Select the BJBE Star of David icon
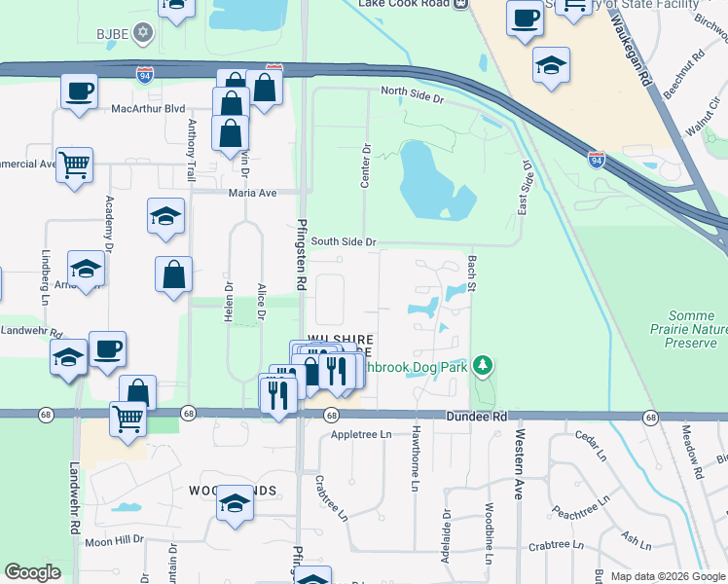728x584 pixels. coord(143,34)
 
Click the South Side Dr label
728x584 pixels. coord(344,241)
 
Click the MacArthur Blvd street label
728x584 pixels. coord(147,109)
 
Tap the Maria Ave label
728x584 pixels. coord(253,193)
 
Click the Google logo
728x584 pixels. coord(33,572)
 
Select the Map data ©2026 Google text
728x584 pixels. coord(667,576)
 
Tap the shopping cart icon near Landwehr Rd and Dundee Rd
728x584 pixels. coord(127,420)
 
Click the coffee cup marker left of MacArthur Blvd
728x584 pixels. coord(78,92)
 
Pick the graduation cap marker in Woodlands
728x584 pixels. coord(234,503)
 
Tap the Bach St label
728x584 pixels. coord(471,274)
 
